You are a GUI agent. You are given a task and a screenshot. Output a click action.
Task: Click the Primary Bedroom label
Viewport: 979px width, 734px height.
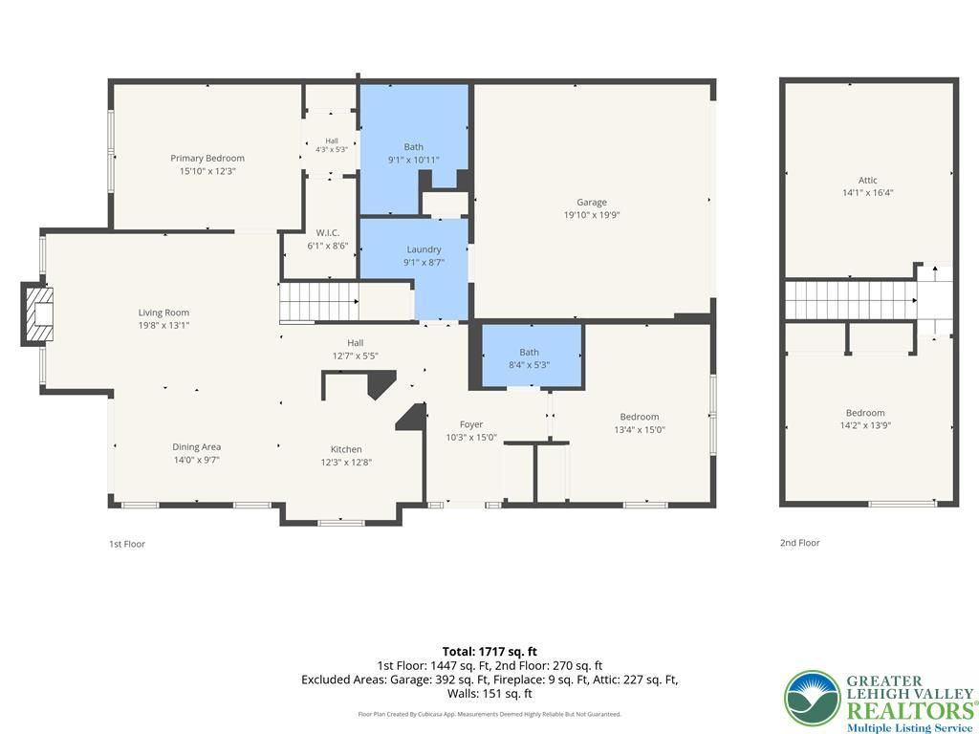207,159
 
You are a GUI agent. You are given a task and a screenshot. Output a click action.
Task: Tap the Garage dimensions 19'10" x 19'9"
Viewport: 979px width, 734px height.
591,215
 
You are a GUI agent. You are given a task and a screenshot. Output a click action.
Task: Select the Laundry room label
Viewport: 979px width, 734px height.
424,249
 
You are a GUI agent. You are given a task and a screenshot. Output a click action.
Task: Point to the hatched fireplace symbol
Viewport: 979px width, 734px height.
37,313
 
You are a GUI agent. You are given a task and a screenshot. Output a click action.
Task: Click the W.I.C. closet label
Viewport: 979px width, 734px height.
327,233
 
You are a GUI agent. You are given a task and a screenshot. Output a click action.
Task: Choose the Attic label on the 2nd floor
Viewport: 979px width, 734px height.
868,181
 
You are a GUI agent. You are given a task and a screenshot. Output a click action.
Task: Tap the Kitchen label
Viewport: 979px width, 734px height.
346,449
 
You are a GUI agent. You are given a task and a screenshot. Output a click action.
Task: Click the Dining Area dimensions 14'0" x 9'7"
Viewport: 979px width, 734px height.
197,461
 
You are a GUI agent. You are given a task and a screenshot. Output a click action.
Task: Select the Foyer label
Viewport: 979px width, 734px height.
471,424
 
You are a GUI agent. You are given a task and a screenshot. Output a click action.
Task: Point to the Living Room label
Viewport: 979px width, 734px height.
163,313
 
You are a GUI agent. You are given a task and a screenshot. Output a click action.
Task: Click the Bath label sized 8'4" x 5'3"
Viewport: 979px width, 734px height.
529,352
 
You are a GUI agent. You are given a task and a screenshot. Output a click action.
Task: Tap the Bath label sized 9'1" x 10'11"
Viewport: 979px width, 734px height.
413,146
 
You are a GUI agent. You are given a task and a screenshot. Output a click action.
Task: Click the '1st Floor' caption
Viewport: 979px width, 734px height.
127,544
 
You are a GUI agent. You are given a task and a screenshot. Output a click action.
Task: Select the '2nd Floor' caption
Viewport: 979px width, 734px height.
800,543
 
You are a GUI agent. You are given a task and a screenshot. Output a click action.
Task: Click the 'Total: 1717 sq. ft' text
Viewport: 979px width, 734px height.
489,652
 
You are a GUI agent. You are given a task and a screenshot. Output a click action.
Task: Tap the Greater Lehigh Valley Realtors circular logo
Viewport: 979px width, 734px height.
813,698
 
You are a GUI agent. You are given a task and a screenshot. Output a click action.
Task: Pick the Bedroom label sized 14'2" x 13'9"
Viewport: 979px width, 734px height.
865,413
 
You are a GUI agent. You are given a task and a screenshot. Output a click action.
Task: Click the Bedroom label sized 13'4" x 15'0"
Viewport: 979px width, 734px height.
640,417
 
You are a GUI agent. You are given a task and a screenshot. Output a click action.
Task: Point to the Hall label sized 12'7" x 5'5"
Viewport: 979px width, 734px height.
356,343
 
